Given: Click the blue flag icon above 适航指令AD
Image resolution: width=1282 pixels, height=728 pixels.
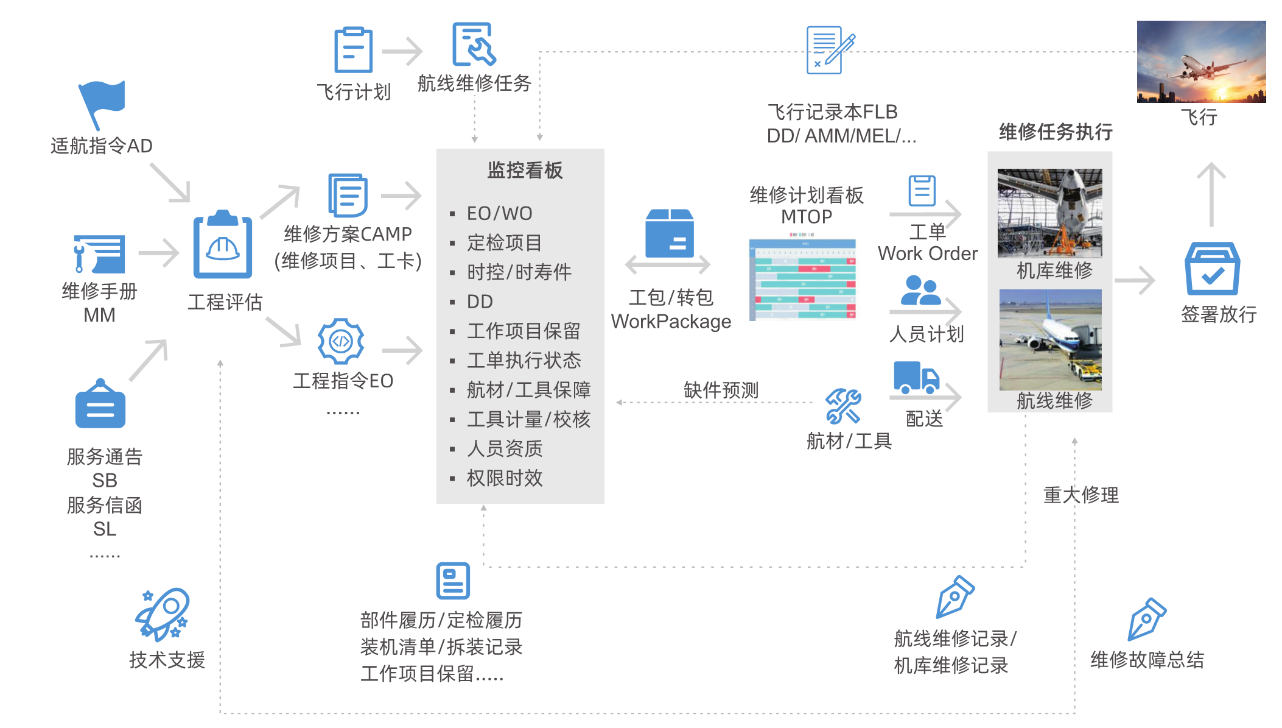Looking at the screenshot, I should (x=102, y=104).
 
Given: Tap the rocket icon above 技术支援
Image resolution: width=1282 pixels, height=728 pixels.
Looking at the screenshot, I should (x=163, y=614).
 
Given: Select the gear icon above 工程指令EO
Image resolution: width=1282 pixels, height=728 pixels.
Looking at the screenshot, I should (x=341, y=341).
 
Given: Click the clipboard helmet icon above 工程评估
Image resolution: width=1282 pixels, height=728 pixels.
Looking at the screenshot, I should (x=223, y=245).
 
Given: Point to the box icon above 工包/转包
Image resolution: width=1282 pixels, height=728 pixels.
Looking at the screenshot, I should (x=670, y=233).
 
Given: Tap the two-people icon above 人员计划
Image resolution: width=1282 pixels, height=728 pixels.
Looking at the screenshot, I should (x=920, y=291).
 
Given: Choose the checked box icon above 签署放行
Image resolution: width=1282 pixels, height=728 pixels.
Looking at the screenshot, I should (x=1212, y=269).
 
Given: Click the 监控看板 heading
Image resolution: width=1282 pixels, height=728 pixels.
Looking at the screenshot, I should (x=525, y=171).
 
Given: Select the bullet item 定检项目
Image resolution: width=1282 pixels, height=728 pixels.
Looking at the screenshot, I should (x=504, y=243).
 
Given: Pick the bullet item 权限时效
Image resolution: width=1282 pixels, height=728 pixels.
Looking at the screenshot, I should (x=505, y=478).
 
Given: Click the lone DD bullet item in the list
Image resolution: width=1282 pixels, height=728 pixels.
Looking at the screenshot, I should (x=480, y=302).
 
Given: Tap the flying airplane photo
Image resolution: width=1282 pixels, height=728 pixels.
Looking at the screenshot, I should (x=1201, y=62).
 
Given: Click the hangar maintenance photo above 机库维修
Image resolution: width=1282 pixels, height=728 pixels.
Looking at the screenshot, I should (x=1049, y=213).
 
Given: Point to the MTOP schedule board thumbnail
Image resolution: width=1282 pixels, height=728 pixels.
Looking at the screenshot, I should (x=803, y=280).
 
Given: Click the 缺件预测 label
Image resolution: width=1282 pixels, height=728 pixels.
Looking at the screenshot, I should (x=721, y=390).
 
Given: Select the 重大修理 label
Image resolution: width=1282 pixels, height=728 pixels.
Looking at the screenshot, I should (x=1081, y=495).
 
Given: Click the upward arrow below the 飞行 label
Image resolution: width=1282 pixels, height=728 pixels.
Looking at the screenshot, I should (x=1211, y=194).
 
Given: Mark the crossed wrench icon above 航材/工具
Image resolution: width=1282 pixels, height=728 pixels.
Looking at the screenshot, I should (x=843, y=406).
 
